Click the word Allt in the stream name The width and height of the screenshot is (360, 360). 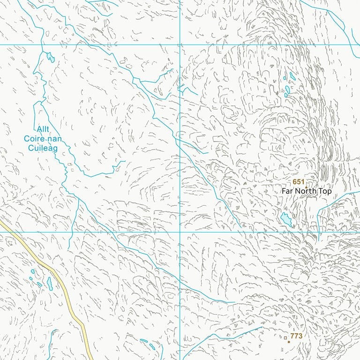42,129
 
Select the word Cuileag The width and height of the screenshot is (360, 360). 43,148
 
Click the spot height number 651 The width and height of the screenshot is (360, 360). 299,182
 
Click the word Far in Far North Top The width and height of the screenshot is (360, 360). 288,192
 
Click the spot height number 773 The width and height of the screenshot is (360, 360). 296,336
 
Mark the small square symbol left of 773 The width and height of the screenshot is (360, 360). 285,337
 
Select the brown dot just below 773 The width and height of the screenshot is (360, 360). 289,342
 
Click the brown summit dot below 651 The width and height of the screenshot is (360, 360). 306,187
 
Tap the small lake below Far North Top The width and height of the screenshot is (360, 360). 286,219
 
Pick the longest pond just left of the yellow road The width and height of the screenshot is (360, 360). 50,283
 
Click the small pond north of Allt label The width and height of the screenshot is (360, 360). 50,58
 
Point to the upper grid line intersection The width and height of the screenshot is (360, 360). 180,45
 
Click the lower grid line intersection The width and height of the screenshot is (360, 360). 180,232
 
